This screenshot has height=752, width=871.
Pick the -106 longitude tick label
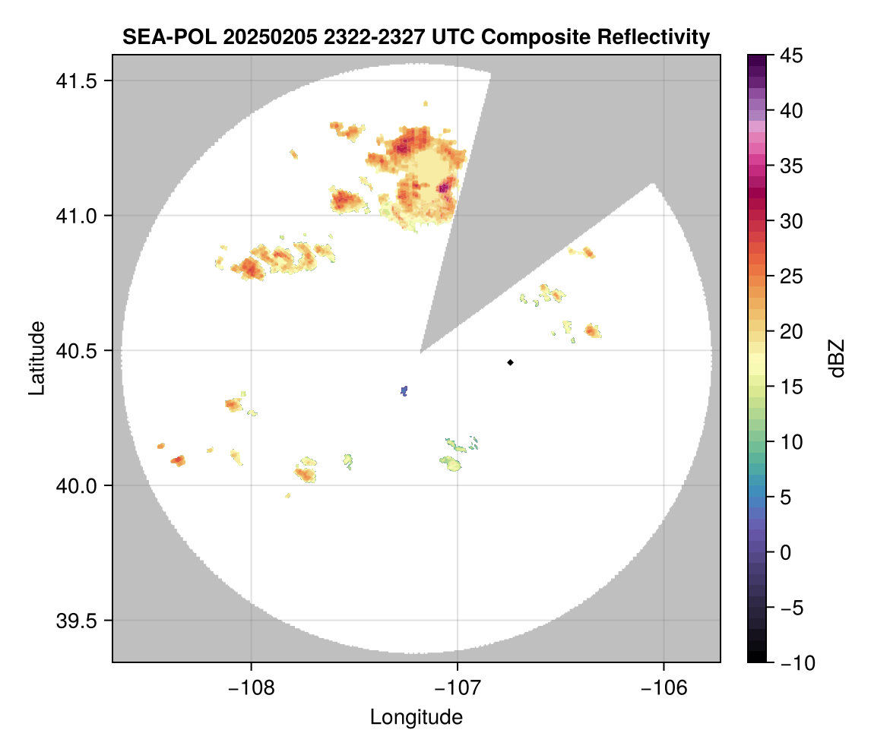pos(664,687)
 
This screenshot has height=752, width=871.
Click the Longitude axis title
pos(416,716)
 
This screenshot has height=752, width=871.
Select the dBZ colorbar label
pos(837,359)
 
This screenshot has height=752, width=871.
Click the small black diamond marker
pos(511,362)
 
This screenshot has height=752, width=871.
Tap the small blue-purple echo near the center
pos(404,390)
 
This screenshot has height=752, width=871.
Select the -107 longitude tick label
pos(458,687)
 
